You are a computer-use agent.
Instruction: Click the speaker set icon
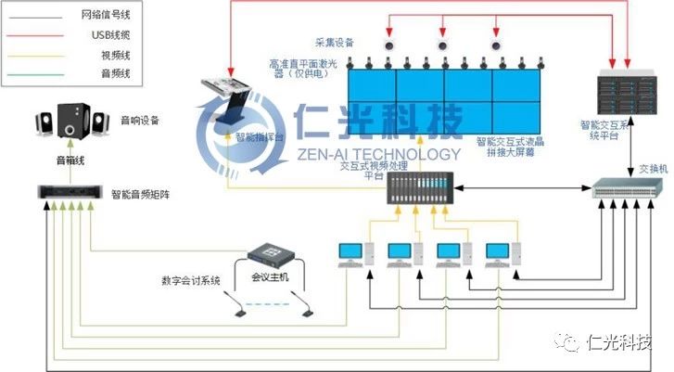coord(66,122)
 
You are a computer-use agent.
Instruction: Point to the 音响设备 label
coord(139,121)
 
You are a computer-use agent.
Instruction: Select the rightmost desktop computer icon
coord(502,254)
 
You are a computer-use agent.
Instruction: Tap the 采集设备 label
coord(333,43)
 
